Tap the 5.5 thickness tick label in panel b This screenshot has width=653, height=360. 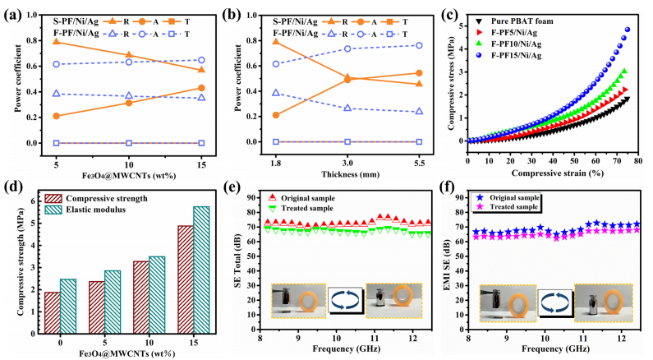(422, 154)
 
